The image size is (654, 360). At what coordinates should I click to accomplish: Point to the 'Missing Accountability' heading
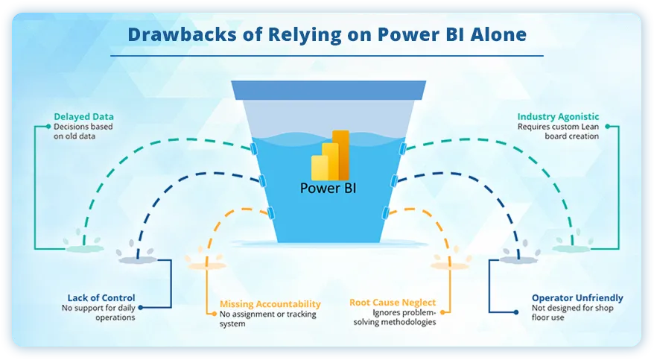click(270, 304)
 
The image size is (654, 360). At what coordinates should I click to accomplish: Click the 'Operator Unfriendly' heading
click(577, 298)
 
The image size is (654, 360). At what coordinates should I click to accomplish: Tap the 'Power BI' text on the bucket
click(328, 188)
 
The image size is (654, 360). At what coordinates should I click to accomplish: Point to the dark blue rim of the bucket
click(328, 90)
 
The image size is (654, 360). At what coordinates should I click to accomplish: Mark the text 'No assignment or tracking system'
click(267, 319)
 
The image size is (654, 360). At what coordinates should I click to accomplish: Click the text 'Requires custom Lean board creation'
click(558, 131)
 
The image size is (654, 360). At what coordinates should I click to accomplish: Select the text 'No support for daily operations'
click(98, 312)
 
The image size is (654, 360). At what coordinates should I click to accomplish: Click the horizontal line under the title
click(326, 55)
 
